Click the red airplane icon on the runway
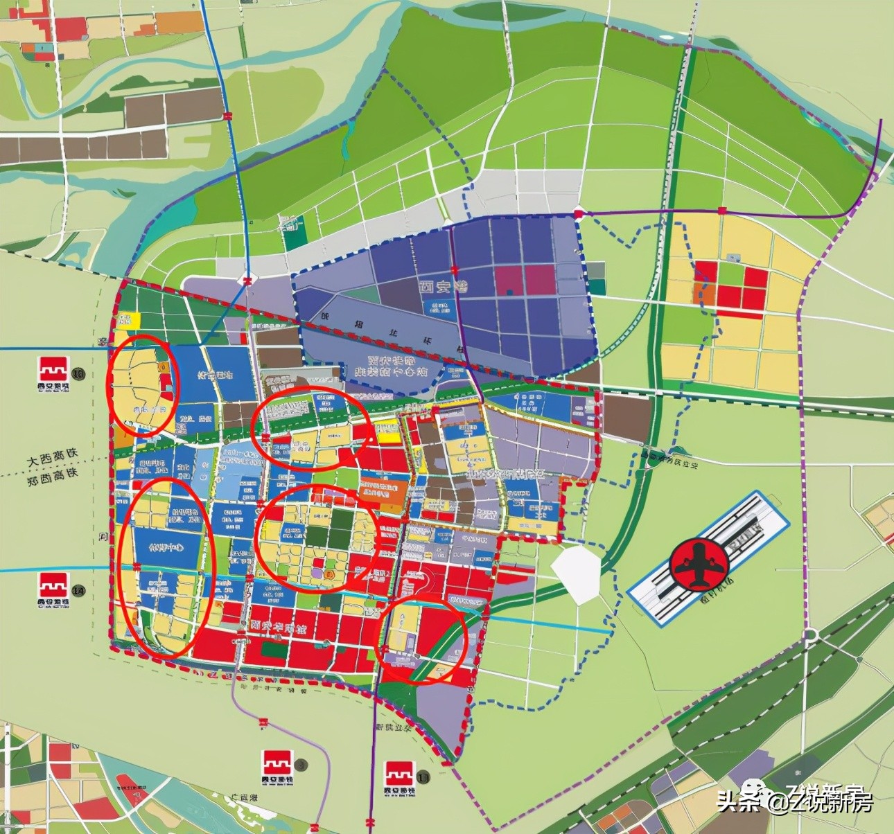(700, 563)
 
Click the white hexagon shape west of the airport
(577, 573)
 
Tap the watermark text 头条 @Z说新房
(797, 802)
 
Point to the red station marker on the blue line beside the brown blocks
(229, 116)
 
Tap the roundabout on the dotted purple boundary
(809, 635)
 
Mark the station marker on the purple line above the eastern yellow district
(721, 210)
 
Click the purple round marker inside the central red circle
(316, 573)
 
